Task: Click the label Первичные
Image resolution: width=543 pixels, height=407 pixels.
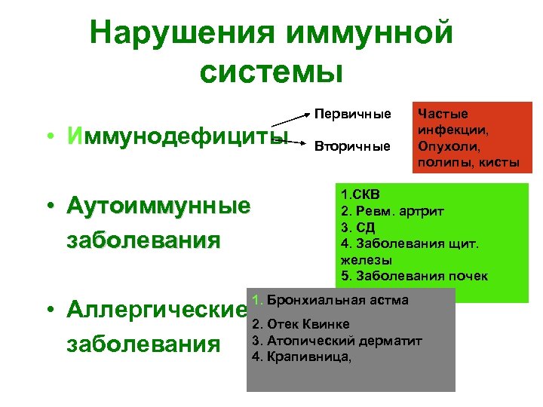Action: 353,115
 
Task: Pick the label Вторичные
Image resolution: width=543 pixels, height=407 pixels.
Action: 352,146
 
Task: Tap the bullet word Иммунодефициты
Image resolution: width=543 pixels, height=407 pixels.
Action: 176,137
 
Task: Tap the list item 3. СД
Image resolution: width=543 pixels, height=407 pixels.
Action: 358,227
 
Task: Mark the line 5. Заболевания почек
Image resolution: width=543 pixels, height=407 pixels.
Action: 414,275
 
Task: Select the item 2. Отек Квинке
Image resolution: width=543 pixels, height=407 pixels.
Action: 300,325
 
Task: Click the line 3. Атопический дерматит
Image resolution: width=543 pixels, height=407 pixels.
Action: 336,341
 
